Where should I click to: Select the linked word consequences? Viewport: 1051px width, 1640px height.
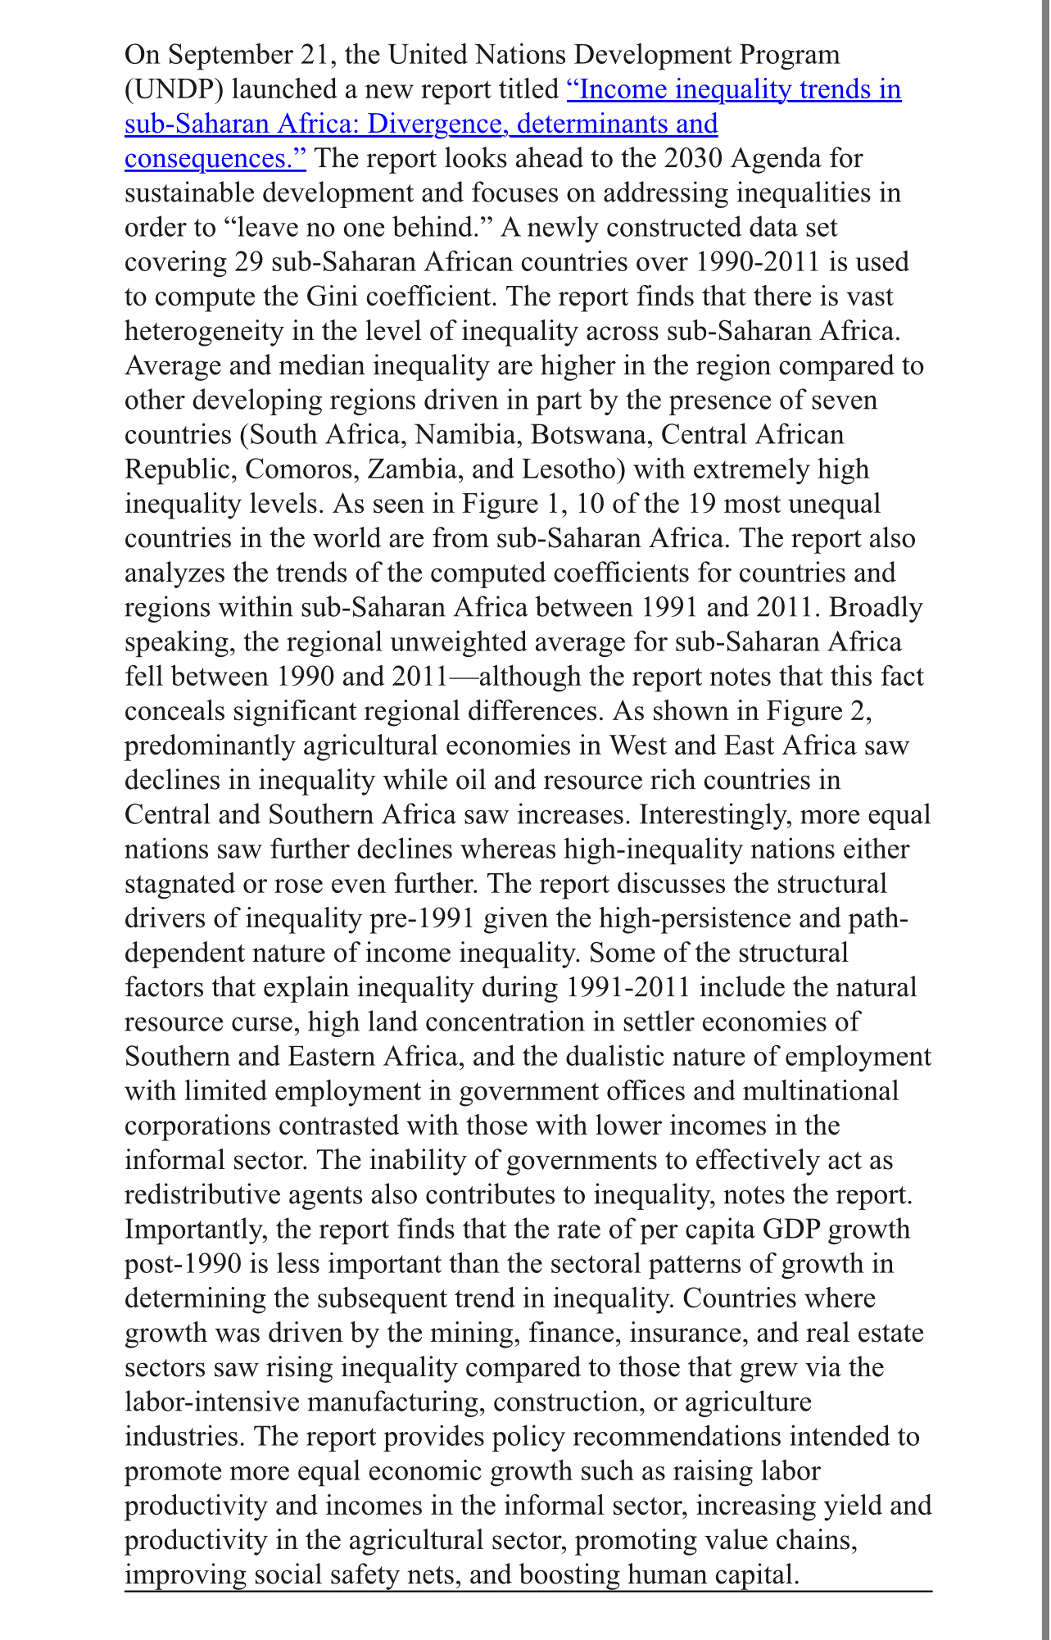[x=215, y=158]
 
